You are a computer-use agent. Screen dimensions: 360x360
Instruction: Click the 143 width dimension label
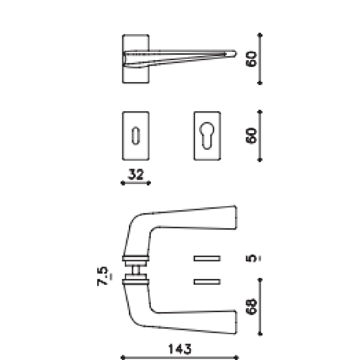[181, 348]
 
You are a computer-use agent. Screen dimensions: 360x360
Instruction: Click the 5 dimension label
[252, 258]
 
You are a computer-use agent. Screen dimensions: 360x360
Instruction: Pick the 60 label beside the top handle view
[252, 59]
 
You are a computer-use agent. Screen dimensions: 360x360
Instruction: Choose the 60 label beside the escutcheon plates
[252, 136]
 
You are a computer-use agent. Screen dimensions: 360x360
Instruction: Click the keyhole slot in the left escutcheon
[135, 135]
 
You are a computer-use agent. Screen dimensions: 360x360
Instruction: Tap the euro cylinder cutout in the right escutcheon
[207, 135]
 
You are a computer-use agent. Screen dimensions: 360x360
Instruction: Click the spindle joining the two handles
[135, 269]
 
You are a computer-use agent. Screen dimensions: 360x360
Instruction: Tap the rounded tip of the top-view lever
[232, 54]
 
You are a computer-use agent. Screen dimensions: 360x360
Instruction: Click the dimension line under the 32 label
[135, 183]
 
